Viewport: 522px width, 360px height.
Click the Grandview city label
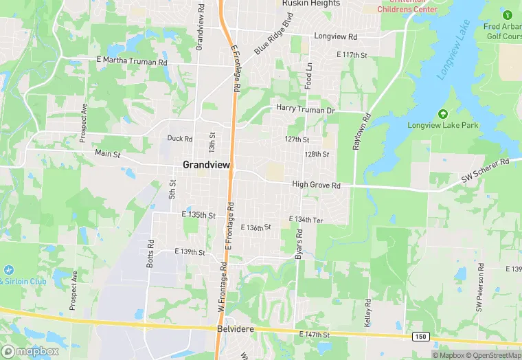[x=206, y=165]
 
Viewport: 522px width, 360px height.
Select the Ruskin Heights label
[x=311, y=3]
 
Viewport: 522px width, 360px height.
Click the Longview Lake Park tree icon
[x=442, y=113]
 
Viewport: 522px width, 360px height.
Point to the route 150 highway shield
[x=421, y=336]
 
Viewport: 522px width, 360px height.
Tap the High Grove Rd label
[x=317, y=185]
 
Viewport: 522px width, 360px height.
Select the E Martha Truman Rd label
[x=132, y=61]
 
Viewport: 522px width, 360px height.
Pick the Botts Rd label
[x=149, y=254]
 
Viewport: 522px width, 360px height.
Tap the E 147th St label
[x=315, y=335]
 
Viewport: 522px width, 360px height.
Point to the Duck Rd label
[x=180, y=138]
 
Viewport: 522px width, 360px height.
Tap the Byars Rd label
[x=299, y=244]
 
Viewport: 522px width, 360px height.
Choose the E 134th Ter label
[x=306, y=219]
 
